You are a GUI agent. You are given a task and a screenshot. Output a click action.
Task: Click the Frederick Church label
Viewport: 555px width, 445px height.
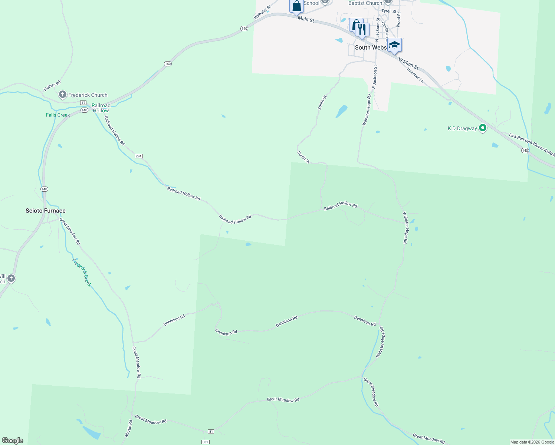click(x=88, y=95)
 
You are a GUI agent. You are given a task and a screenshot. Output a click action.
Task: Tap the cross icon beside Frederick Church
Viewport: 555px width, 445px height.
click(x=63, y=95)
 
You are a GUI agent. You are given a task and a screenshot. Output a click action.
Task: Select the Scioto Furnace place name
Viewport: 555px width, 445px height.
click(x=46, y=211)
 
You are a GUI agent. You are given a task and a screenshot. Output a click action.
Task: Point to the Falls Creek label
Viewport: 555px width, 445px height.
click(x=58, y=115)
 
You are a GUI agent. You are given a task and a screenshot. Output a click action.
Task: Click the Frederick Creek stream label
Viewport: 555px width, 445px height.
click(x=82, y=272)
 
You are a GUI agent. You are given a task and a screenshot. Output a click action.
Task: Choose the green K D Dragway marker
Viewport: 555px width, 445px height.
click(x=483, y=128)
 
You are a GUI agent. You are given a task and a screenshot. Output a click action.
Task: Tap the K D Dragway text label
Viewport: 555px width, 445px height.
click(x=462, y=128)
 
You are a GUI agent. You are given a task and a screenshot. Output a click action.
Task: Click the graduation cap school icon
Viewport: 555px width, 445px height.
click(x=394, y=45)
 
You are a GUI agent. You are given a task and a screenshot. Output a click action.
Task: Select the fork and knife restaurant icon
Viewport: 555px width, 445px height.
click(x=362, y=30)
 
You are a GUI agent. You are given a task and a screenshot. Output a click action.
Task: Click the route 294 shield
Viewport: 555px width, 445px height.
click(x=138, y=156)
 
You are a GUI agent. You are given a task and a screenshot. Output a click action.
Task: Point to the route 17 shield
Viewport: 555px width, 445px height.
click(x=83, y=102)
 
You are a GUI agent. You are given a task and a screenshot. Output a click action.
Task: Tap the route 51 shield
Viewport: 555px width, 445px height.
click(x=211, y=431)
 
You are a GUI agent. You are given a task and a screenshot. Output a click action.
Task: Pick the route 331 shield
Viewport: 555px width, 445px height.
click(x=205, y=442)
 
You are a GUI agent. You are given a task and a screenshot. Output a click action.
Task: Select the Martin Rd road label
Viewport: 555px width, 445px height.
click(x=128, y=428)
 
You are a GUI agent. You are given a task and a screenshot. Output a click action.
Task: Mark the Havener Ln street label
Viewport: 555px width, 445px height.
click(x=415, y=75)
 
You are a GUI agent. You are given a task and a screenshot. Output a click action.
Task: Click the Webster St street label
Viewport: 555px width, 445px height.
click(x=262, y=12)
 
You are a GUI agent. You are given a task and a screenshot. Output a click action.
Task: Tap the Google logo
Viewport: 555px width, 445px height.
click(x=12, y=441)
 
